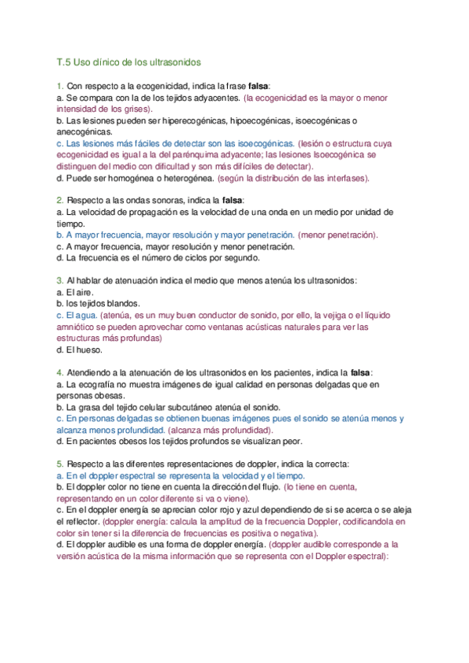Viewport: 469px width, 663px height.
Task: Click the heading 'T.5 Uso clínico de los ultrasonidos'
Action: [x=129, y=62]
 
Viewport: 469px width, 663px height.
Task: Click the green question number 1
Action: [x=60, y=86]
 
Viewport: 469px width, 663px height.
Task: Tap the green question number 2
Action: [x=60, y=200]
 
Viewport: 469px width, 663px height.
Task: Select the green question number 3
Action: [x=60, y=280]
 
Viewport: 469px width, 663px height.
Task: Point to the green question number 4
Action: [x=60, y=372]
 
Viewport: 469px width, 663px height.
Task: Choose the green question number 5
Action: [x=60, y=464]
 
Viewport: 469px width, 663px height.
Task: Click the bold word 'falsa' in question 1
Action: [x=259, y=86]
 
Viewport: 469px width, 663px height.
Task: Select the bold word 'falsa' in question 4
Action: [x=361, y=372]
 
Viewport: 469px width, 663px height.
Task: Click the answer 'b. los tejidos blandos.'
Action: [x=99, y=303]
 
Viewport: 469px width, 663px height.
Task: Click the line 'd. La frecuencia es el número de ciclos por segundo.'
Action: [x=163, y=257]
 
